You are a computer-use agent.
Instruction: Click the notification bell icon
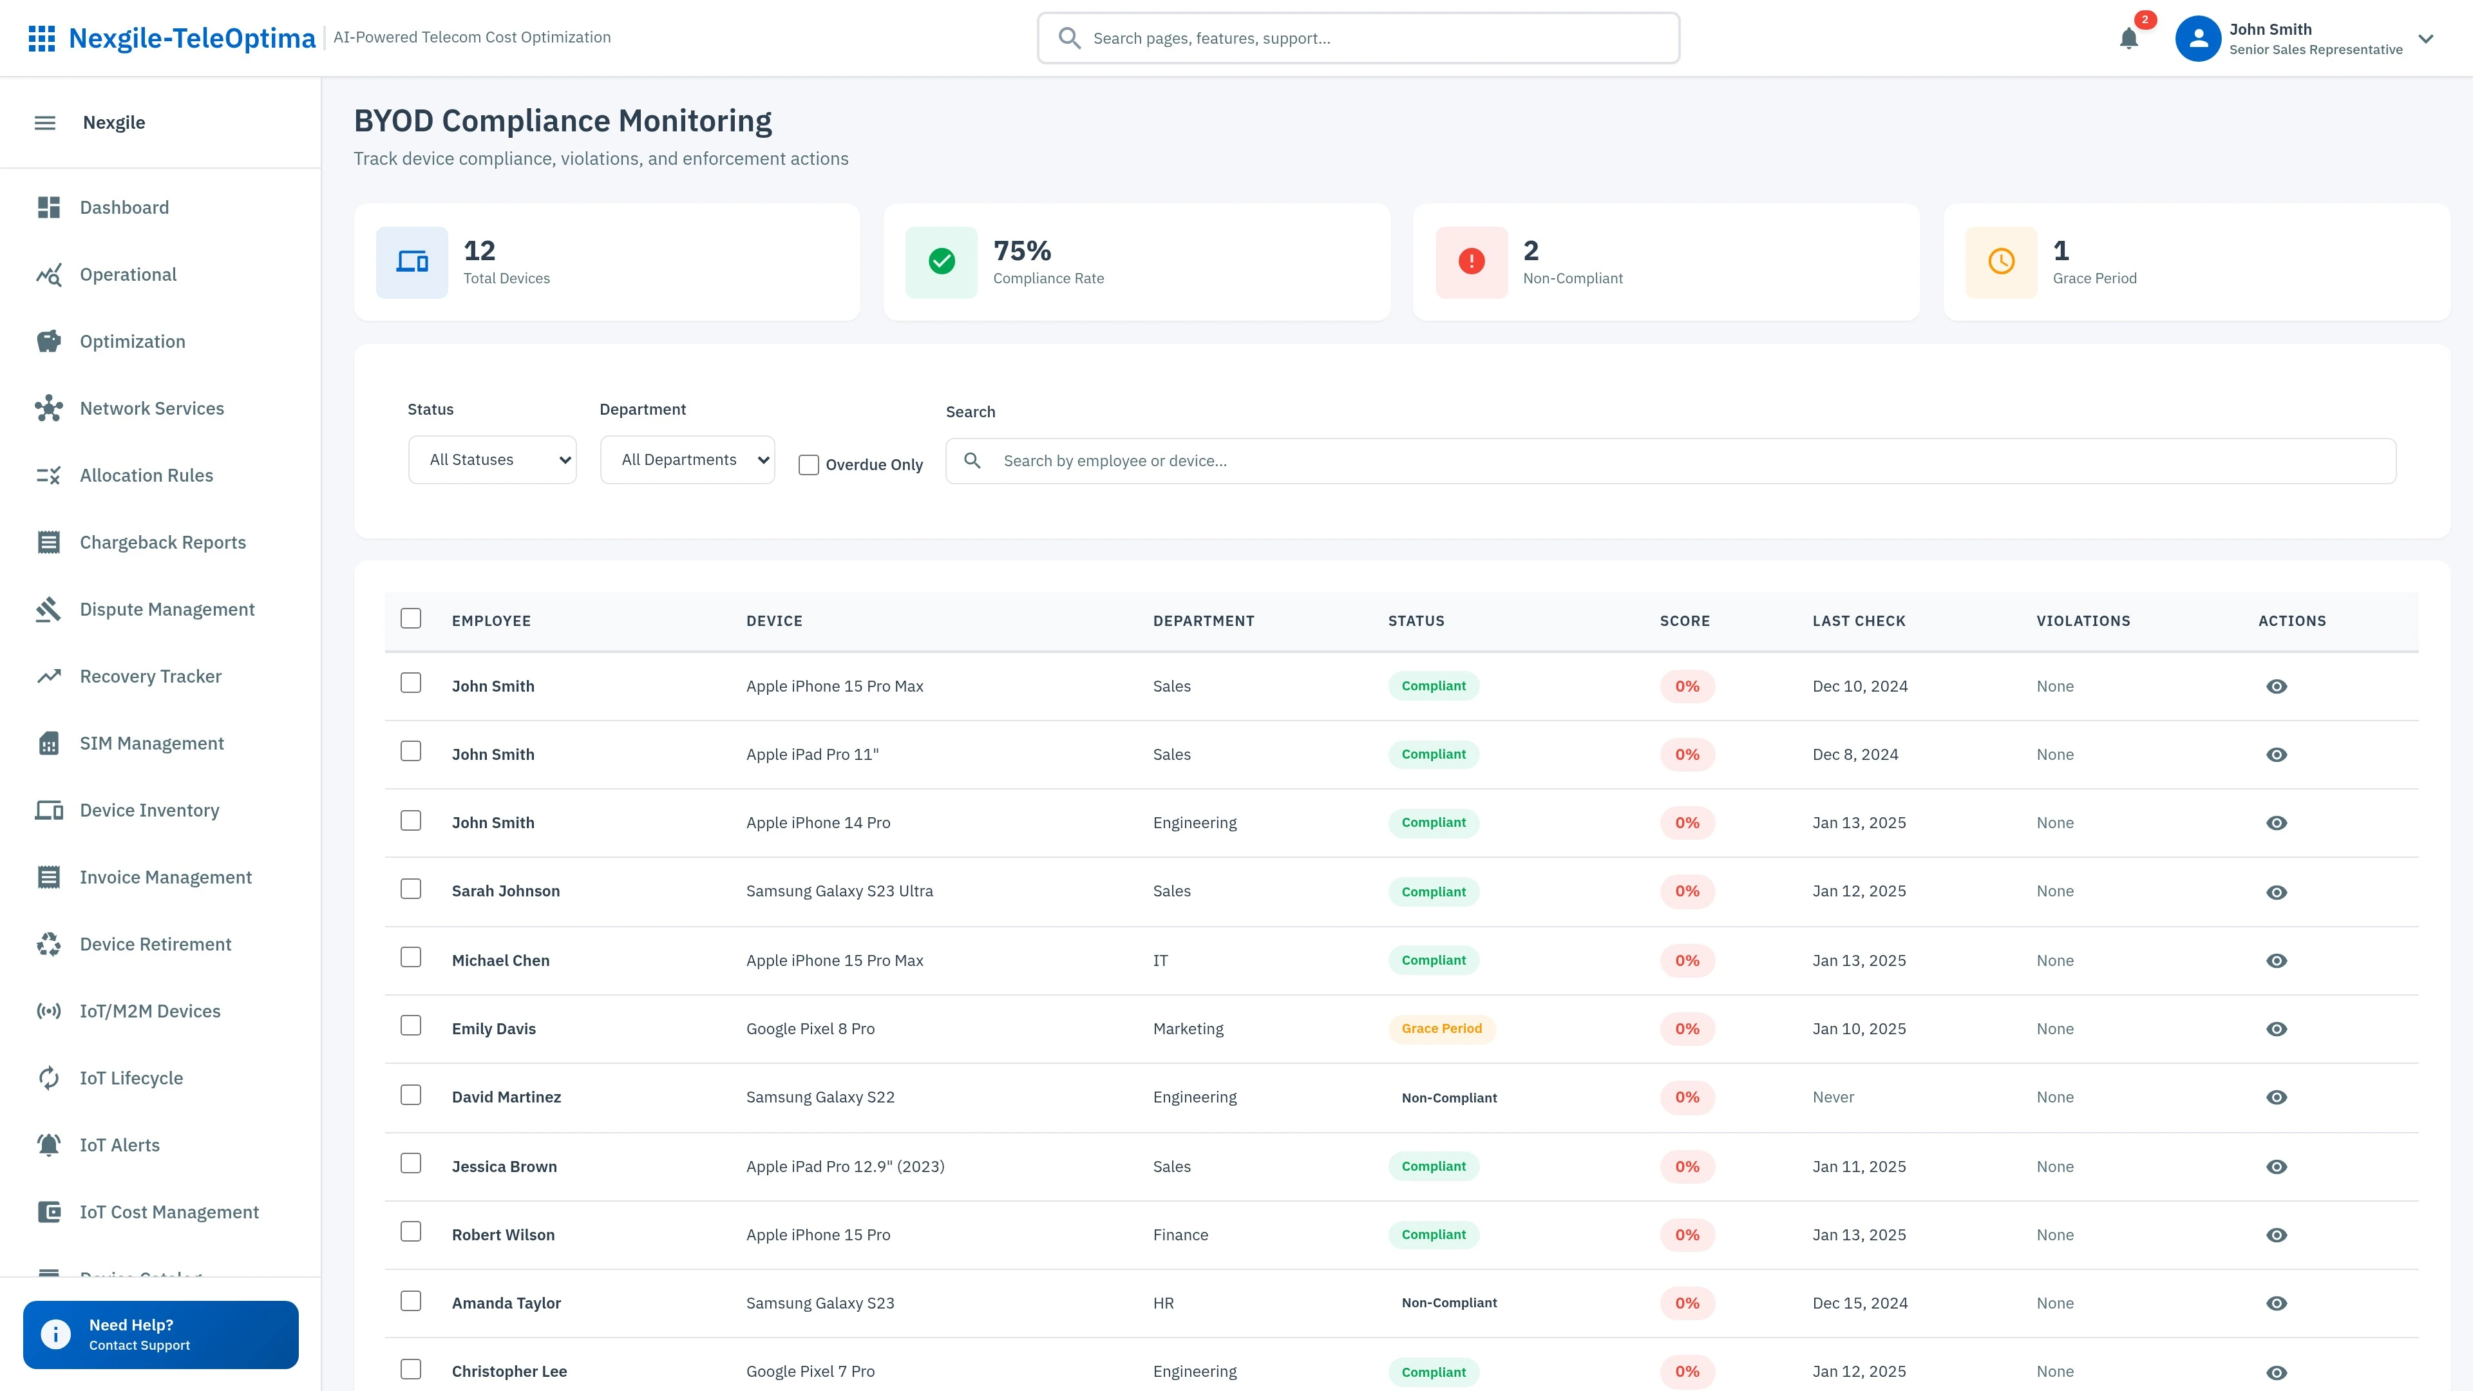coord(2128,39)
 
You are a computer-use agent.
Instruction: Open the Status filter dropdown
coord(491,460)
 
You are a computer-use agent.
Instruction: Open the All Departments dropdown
coord(687,460)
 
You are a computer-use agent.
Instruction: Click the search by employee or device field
coord(1671,461)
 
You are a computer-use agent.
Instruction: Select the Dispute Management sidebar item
coord(167,610)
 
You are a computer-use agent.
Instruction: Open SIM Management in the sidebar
coord(152,743)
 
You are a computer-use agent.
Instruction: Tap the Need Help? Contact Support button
coord(160,1334)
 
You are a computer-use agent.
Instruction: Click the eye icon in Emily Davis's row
coord(2276,1029)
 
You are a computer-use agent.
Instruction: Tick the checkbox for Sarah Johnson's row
coord(411,889)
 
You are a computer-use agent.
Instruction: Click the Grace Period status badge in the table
coord(1441,1029)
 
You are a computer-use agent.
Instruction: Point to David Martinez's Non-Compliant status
coord(1448,1098)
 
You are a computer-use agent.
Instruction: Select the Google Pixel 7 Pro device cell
coord(810,1371)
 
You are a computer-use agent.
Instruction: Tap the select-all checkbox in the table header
coord(411,618)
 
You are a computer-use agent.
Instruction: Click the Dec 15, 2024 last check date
coord(1859,1303)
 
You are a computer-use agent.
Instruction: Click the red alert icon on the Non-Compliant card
coord(1471,261)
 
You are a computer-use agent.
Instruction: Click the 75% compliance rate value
coord(1021,251)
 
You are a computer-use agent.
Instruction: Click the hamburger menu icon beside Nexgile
coord(45,123)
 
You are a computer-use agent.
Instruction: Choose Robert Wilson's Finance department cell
coord(1180,1235)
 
